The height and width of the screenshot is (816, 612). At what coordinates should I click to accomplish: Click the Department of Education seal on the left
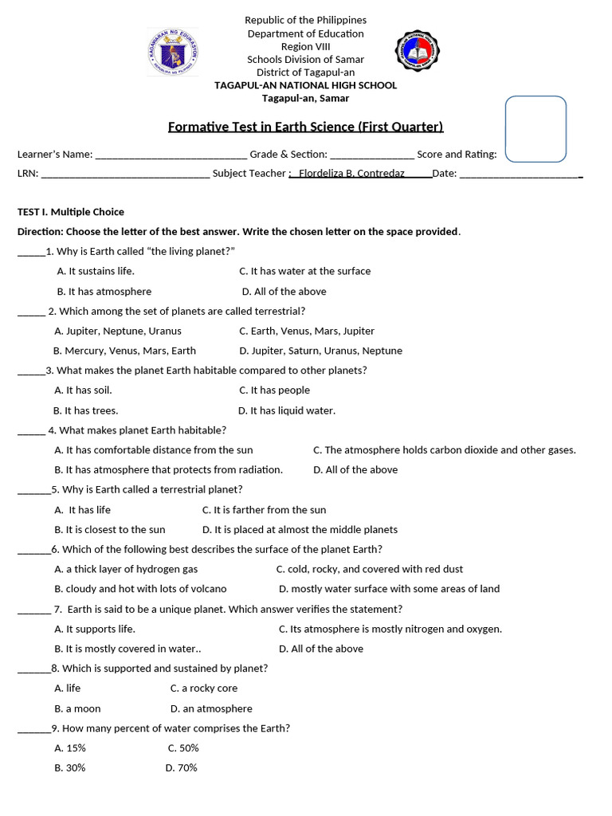(173, 53)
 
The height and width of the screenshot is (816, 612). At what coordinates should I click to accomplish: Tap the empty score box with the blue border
(535, 129)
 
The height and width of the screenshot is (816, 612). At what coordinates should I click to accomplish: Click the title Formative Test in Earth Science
(305, 127)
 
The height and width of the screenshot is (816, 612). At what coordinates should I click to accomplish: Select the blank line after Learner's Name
(171, 155)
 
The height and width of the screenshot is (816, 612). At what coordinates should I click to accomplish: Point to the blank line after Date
(520, 174)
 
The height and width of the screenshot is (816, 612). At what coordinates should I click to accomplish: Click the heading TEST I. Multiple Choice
(71, 212)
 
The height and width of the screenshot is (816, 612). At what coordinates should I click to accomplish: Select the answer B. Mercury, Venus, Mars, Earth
(124, 351)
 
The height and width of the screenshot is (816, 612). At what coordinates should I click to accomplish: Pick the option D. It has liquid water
(287, 410)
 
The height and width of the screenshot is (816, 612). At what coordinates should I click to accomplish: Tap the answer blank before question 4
(31, 431)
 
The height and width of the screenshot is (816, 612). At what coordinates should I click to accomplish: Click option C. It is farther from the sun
(264, 510)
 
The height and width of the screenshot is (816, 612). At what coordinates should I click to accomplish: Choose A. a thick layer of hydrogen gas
(126, 569)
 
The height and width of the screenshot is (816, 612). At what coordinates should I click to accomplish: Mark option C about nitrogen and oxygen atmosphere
(390, 629)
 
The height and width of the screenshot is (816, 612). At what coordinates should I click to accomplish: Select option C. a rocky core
(204, 688)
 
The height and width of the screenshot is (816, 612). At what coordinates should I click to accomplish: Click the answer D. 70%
(182, 768)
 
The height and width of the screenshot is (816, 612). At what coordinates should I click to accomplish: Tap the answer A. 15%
(70, 748)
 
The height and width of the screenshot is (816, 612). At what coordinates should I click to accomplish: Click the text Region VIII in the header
(305, 46)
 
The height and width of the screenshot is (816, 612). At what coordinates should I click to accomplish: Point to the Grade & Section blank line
(371, 155)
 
